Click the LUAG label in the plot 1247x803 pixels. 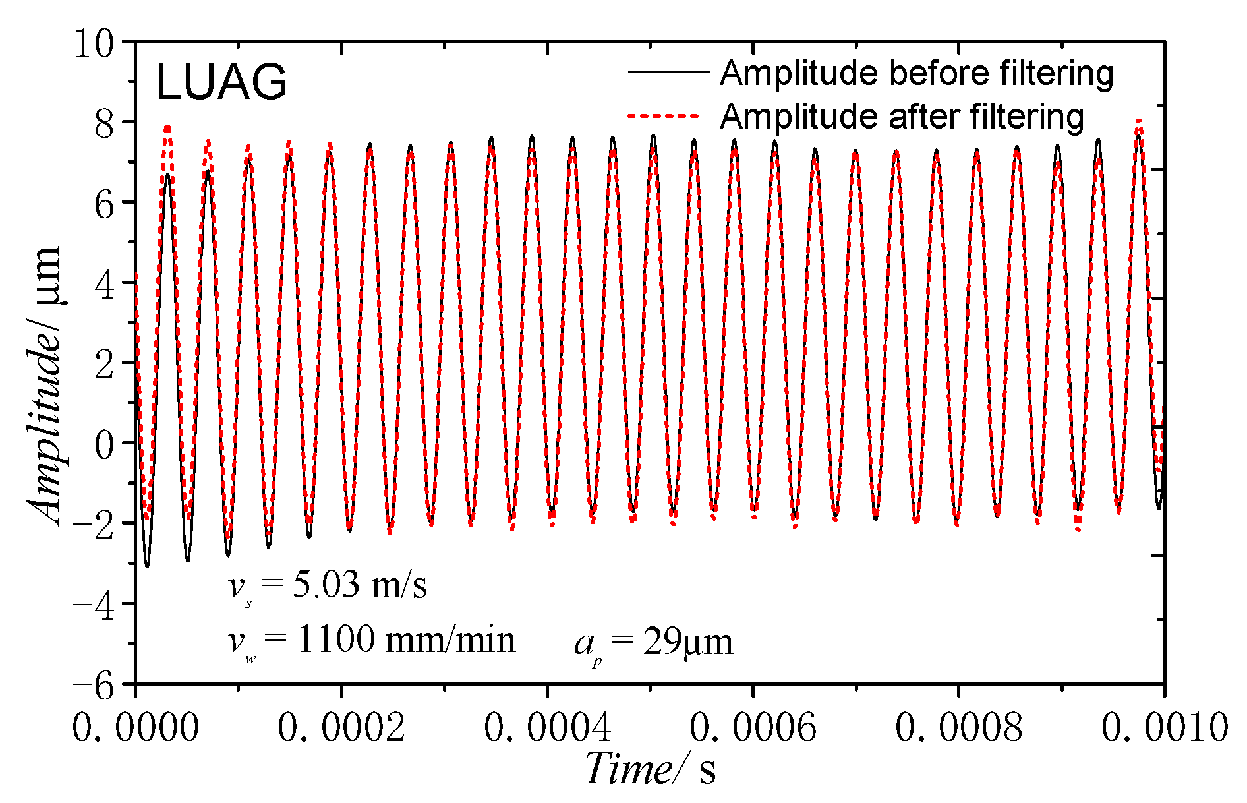tap(221, 83)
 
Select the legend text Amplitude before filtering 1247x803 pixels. tap(916, 73)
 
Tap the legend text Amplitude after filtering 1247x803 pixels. tap(902, 117)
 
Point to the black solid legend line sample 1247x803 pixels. tap(668, 72)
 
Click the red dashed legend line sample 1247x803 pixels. tap(663, 116)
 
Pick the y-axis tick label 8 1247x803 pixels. tap(104, 124)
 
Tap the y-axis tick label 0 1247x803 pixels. tap(104, 444)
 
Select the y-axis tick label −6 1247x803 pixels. tap(95, 686)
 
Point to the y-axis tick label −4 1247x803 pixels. tap(95, 605)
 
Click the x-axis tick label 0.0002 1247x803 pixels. tap(341, 728)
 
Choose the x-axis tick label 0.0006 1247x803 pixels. tap(753, 728)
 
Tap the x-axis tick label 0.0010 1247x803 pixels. tap(1164, 728)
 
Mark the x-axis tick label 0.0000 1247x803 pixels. tap(136, 728)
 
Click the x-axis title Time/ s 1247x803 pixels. tap(649, 769)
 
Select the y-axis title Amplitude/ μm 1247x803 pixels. tap(45, 386)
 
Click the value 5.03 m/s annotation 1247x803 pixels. tap(359, 585)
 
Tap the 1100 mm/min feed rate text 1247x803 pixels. tap(406, 639)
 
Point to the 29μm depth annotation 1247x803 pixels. tap(687, 641)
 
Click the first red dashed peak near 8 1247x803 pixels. tap(167, 127)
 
